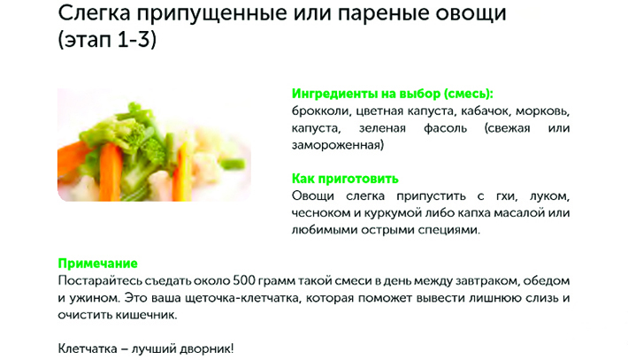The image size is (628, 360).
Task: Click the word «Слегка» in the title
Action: click(94, 13)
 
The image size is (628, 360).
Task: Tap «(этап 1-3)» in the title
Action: click(107, 40)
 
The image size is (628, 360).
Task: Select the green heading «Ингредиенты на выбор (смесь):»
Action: click(393, 94)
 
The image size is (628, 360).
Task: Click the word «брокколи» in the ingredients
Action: click(320, 111)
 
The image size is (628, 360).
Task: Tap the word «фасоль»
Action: click(446, 128)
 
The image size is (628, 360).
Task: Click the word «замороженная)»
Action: click(338, 145)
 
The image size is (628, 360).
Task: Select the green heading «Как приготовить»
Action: click(345, 178)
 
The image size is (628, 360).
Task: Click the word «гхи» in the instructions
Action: click(505, 196)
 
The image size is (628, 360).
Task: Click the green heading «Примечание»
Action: click(97, 264)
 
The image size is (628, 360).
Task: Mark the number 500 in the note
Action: click(244, 280)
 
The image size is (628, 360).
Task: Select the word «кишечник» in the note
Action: click(146, 315)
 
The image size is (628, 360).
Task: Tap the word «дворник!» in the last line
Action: click(207, 349)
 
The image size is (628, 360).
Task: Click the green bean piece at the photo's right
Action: click(234, 164)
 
